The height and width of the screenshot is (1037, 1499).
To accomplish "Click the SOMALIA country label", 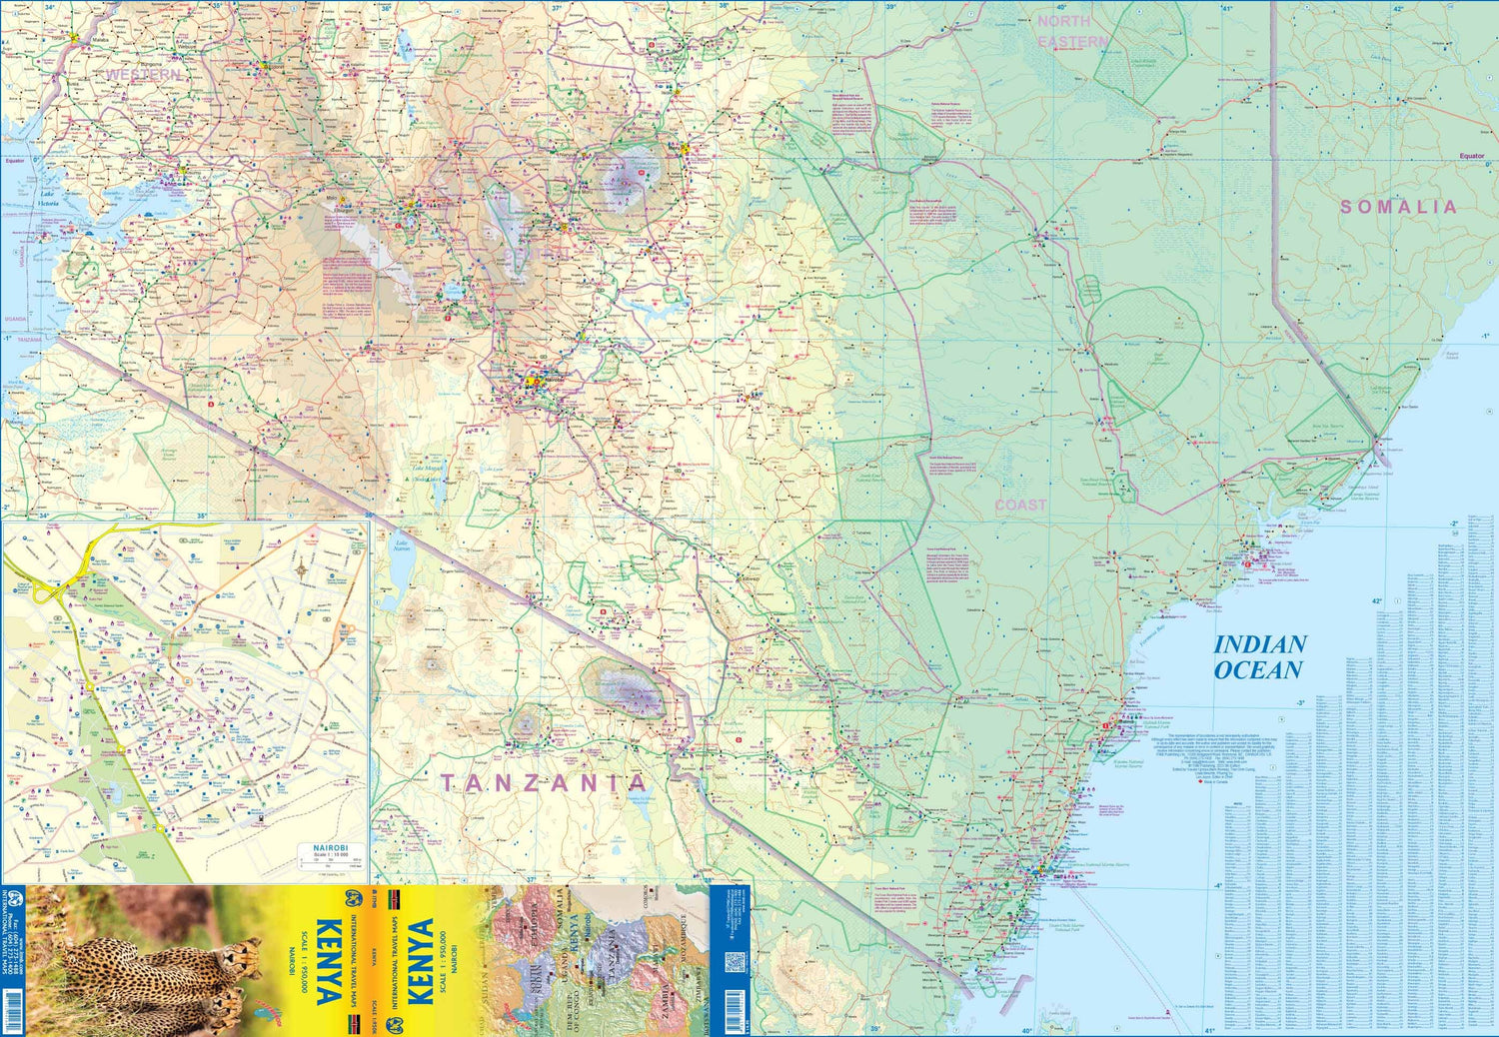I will click(x=1398, y=207).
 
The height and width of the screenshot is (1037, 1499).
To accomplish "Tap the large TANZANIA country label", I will click(x=545, y=783).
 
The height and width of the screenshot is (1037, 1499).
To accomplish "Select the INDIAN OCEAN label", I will click(x=1259, y=657).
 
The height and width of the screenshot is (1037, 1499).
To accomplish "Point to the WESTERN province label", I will click(x=144, y=75).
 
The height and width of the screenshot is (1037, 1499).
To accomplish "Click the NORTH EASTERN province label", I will click(x=1071, y=31).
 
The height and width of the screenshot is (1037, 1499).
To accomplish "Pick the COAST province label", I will click(x=1020, y=506).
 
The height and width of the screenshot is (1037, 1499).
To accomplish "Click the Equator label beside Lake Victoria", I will click(x=14, y=161).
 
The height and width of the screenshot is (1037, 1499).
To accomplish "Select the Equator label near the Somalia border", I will click(x=1471, y=156).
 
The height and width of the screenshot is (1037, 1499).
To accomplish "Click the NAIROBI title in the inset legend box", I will click(x=329, y=847).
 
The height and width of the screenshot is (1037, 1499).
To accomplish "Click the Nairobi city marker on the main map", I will click(x=533, y=381).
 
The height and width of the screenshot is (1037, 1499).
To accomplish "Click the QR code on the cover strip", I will click(x=735, y=963).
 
